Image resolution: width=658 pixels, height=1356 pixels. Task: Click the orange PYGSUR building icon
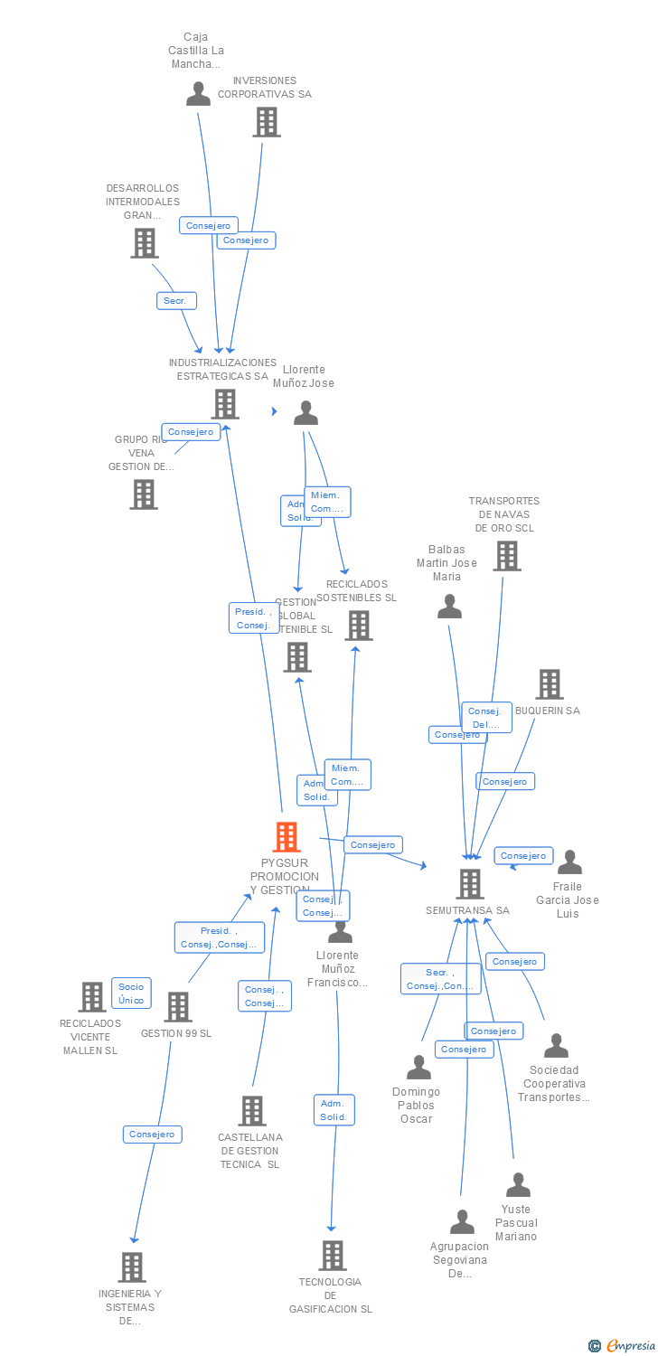(287, 837)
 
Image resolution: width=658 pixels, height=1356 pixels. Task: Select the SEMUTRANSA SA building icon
(470, 883)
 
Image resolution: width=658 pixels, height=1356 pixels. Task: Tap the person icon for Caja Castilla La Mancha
(198, 93)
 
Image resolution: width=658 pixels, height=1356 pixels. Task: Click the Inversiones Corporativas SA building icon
(267, 121)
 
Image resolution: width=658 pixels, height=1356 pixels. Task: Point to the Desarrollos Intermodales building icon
(145, 242)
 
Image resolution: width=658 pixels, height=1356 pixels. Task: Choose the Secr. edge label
(176, 301)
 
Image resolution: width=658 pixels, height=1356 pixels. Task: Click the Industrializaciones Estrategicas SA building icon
(225, 403)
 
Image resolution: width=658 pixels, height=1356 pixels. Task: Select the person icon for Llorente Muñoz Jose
(306, 413)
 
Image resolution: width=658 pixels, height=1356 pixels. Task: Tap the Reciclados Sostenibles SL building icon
(359, 625)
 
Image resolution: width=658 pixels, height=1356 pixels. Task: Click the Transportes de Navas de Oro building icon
(507, 556)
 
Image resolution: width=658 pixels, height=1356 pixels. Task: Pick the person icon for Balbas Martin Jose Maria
(449, 607)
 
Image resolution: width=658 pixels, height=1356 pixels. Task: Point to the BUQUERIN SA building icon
(550, 684)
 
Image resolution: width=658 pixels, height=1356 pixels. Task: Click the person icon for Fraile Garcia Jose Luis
(569, 862)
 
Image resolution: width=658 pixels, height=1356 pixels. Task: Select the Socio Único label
(131, 993)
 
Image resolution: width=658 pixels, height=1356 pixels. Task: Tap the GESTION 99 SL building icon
(178, 1006)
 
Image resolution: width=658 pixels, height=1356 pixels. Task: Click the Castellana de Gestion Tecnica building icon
(252, 1110)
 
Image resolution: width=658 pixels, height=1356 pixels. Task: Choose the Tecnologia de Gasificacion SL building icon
(333, 1255)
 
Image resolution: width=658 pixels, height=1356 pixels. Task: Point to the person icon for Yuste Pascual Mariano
(518, 1184)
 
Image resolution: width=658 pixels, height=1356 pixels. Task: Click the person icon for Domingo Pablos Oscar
(418, 1068)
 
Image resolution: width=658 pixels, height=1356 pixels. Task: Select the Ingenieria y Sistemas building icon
(132, 1267)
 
